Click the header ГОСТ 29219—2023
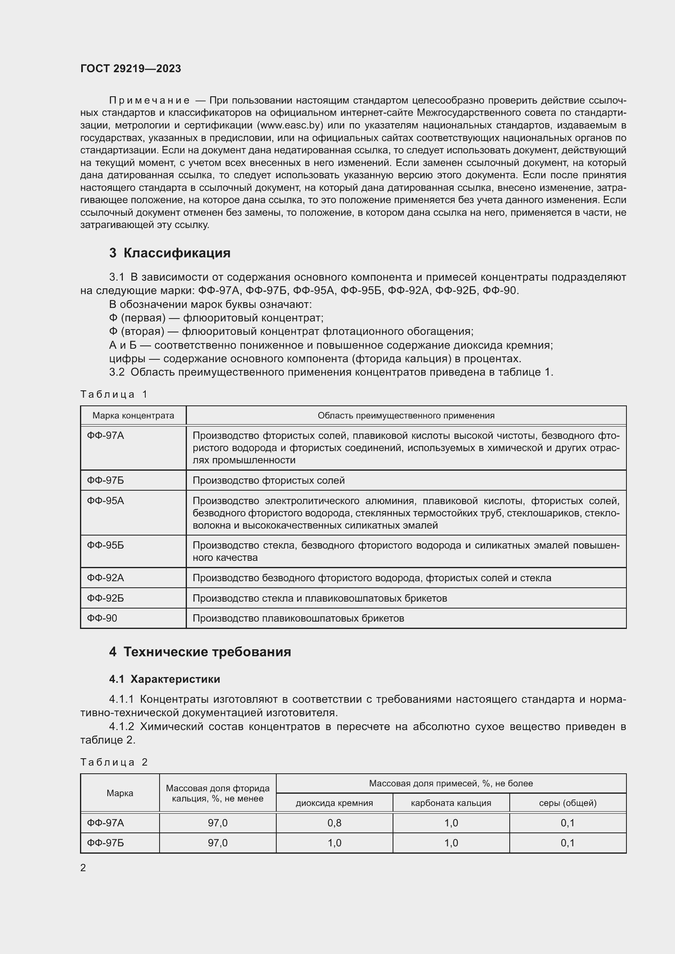(131, 69)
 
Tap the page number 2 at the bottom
(83, 868)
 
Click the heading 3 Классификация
(170, 252)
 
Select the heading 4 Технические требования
(200, 651)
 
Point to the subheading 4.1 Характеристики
(164, 679)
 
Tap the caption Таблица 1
(114, 394)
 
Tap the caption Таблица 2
(114, 762)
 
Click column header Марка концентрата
(133, 416)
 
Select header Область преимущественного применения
(406, 416)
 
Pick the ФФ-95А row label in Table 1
(106, 501)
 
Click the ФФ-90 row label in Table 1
(102, 618)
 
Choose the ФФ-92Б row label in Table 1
(106, 598)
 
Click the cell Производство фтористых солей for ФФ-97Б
(269, 480)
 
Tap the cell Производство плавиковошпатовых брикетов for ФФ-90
(298, 618)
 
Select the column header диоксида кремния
(334, 803)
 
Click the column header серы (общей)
(567, 803)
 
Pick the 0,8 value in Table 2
(334, 823)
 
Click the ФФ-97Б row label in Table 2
(106, 843)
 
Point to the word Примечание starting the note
(149, 100)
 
